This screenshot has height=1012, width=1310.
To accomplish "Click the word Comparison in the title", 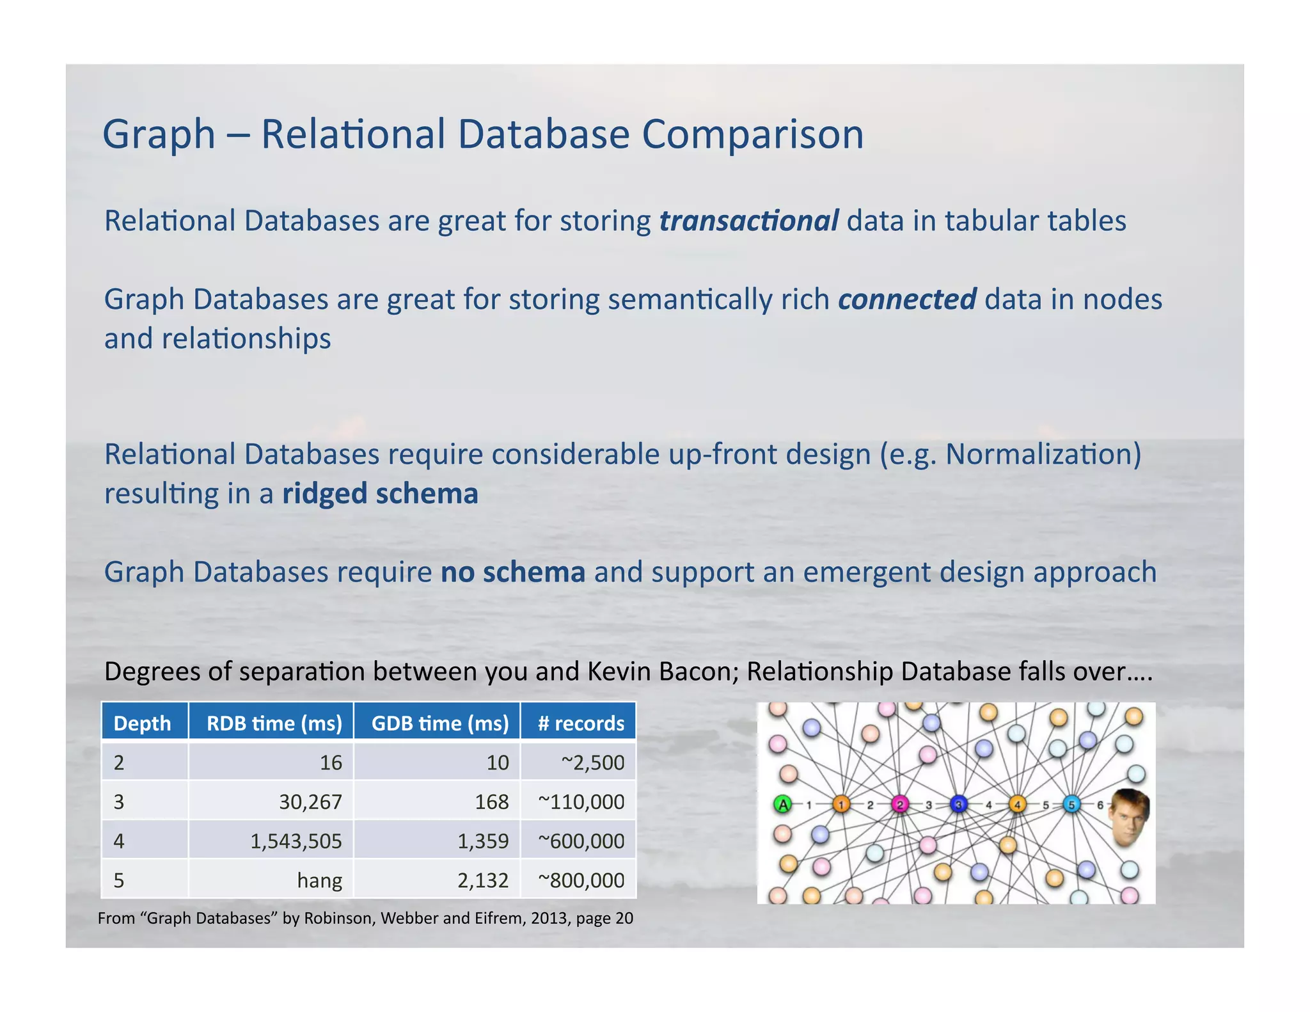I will pyautogui.click(x=752, y=135).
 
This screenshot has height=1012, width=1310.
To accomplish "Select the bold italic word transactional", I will pyautogui.click(x=748, y=221).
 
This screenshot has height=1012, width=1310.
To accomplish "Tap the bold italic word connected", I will pyautogui.click(x=906, y=299).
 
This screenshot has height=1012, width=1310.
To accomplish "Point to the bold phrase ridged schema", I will pyautogui.click(x=380, y=494).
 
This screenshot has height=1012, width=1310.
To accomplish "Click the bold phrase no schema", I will pyautogui.click(x=512, y=572).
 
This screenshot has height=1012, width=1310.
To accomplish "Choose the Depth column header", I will pyautogui.click(x=143, y=723).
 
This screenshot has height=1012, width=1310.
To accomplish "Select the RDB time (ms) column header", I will pyautogui.click(x=274, y=723).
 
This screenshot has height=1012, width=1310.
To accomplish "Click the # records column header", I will pyautogui.click(x=581, y=723).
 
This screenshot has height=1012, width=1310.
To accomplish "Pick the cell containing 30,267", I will pyautogui.click(x=310, y=802).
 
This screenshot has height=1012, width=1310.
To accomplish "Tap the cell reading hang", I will pyautogui.click(x=319, y=880).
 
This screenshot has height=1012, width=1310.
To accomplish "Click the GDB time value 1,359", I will pyautogui.click(x=483, y=841).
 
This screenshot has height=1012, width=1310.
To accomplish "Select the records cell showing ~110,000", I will pyautogui.click(x=581, y=802).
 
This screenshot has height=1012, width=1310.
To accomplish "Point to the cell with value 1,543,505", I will pyautogui.click(x=296, y=841).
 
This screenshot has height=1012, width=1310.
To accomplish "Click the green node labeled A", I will pyautogui.click(x=782, y=804).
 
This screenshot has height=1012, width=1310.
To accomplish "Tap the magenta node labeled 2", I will pyautogui.click(x=899, y=804).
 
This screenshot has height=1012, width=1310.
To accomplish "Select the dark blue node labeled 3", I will pyautogui.click(x=958, y=804).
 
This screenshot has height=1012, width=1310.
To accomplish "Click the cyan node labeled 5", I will pyautogui.click(x=1071, y=804).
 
